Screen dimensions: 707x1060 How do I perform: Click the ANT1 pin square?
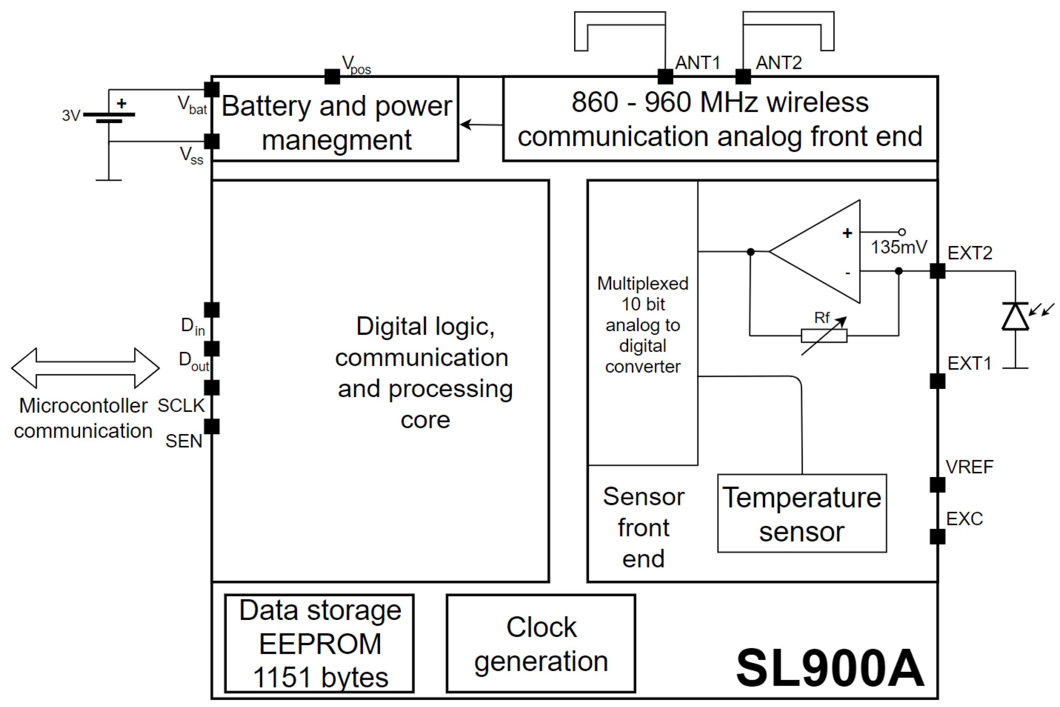(x=665, y=77)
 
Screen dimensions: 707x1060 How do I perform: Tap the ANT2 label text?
(x=779, y=63)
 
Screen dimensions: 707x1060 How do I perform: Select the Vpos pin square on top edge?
(x=332, y=77)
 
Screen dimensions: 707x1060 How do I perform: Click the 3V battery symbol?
(x=109, y=117)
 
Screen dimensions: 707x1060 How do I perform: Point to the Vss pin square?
(x=211, y=141)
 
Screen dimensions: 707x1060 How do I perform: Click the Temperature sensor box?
(x=802, y=513)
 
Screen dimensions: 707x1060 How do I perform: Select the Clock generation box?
(x=541, y=643)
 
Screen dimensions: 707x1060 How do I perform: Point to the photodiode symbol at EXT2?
(x=1015, y=317)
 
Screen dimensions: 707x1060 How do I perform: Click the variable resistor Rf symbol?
(x=824, y=336)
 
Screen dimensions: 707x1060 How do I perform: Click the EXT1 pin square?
(x=937, y=381)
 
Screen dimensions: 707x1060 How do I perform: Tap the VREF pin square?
(x=937, y=485)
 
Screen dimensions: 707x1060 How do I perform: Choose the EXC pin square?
(x=937, y=537)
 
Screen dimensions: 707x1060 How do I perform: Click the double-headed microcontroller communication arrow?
(x=85, y=368)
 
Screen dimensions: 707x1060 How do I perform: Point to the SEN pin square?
(x=211, y=426)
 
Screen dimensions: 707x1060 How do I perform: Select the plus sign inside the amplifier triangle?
(x=847, y=233)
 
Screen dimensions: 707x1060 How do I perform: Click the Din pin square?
(x=211, y=310)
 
